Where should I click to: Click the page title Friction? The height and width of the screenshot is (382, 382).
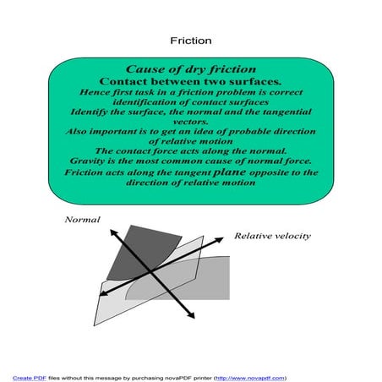(190, 40)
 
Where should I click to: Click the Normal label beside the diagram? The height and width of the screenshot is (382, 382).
(82, 220)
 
